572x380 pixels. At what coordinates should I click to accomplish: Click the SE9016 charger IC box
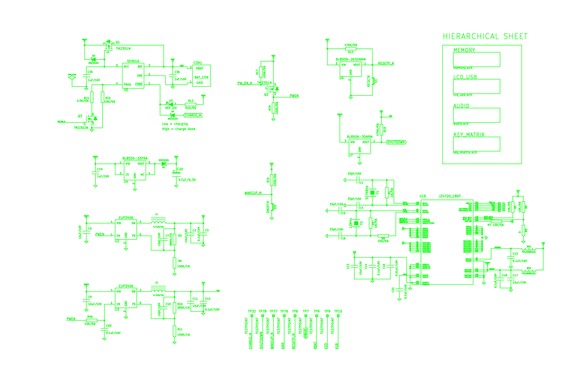click(133, 75)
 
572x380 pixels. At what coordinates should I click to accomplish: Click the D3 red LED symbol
click(170, 105)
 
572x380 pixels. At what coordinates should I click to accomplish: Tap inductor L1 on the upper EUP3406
click(159, 222)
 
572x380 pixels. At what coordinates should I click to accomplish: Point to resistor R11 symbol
click(174, 331)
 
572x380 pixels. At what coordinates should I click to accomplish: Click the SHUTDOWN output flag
click(396, 142)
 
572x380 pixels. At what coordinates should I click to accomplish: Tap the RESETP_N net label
click(386, 63)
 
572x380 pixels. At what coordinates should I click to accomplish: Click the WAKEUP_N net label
click(253, 193)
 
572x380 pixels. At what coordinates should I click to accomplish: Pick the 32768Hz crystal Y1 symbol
click(374, 191)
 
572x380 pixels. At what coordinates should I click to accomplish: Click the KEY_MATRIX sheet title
click(469, 135)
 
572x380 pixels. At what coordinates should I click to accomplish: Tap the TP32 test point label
click(252, 311)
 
